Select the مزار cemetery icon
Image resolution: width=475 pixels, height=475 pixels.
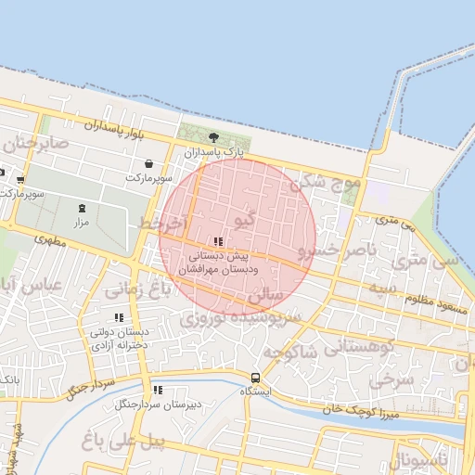pyautogui.click(x=81, y=208)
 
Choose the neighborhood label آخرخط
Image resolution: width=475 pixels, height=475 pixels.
pyautogui.click(x=162, y=225)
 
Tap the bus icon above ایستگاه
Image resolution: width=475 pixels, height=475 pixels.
pyautogui.click(x=255, y=377)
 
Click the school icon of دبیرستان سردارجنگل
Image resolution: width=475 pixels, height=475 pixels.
pyautogui.click(x=157, y=390)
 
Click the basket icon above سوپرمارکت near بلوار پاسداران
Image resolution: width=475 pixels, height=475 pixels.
pyautogui.click(x=148, y=163)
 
